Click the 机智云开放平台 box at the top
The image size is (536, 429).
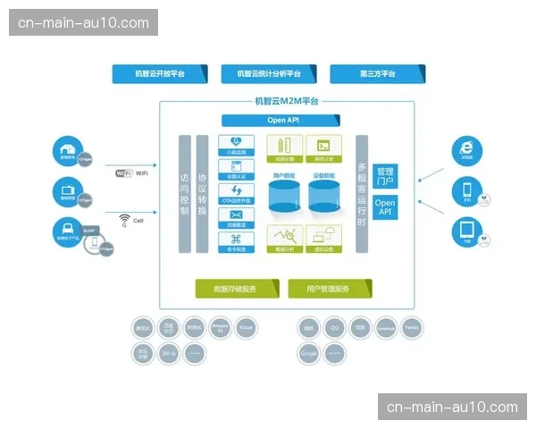pyautogui.click(x=160, y=74)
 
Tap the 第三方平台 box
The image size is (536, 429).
pyautogui.click(x=377, y=74)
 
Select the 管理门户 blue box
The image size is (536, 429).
pyautogui.click(x=385, y=176)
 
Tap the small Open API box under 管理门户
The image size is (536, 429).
pyautogui.click(x=385, y=208)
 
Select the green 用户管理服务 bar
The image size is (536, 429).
pyautogui.click(x=330, y=289)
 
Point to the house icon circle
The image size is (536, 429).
pyautogui.click(x=65, y=150)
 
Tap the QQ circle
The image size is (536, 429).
pyautogui.click(x=334, y=328)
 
